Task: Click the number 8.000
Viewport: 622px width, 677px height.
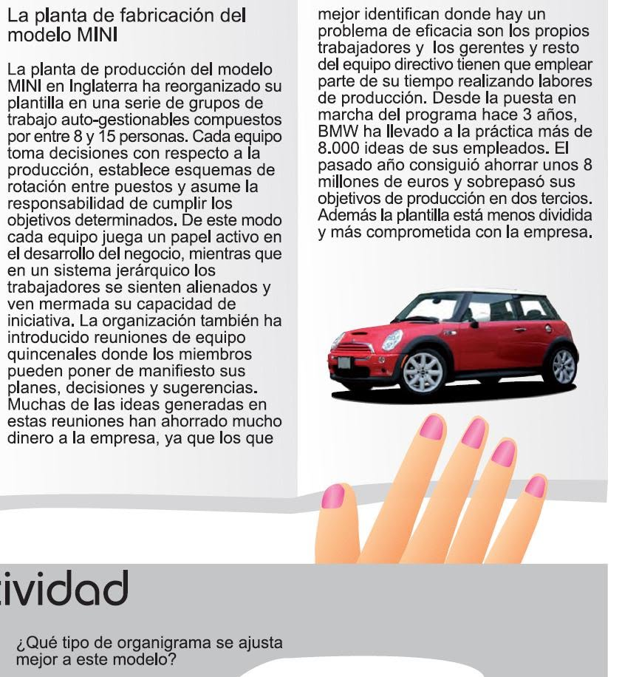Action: pyautogui.click(x=338, y=147)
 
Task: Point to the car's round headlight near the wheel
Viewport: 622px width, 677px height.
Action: pyautogui.click(x=392, y=340)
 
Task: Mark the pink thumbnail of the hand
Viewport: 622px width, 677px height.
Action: pyautogui.click(x=334, y=496)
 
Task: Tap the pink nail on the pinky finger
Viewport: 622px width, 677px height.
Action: pyautogui.click(x=535, y=486)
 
